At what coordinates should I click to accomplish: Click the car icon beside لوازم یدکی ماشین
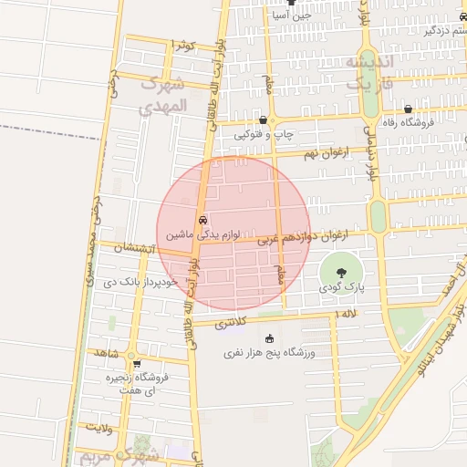(x=202, y=220)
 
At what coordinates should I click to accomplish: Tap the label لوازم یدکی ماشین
(x=202, y=234)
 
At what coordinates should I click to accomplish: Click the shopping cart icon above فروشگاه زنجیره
(x=137, y=364)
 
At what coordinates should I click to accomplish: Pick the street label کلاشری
(x=230, y=324)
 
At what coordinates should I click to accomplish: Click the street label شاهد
(x=106, y=352)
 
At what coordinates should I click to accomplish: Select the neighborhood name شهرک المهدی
(x=164, y=96)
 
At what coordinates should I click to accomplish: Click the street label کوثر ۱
(x=185, y=44)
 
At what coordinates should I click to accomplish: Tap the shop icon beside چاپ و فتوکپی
(x=263, y=119)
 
